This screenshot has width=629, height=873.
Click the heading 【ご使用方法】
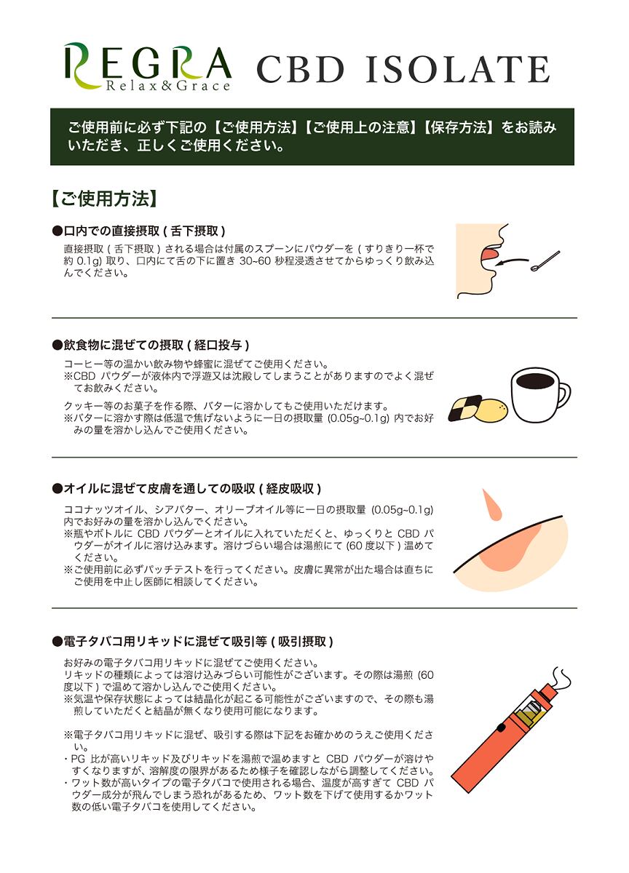(x=103, y=199)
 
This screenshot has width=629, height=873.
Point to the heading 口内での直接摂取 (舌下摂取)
(x=138, y=231)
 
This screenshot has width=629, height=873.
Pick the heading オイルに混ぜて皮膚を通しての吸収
(x=186, y=487)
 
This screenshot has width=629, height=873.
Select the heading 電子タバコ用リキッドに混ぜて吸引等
(x=193, y=642)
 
